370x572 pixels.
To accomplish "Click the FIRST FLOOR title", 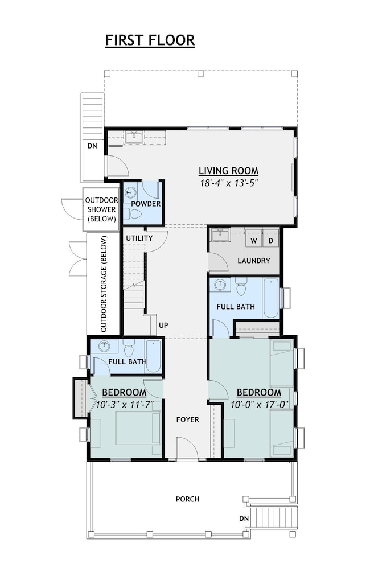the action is click(x=150, y=40).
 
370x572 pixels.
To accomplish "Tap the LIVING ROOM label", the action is click(x=228, y=171).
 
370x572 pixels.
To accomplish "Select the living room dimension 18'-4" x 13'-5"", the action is click(x=229, y=183).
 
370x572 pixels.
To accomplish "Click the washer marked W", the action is click(x=254, y=241).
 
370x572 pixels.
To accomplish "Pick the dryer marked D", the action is click(x=271, y=241).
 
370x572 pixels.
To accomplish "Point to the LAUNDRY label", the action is click(x=254, y=261).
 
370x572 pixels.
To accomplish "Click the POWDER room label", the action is click(x=146, y=204).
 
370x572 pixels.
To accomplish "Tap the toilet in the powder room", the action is click(x=130, y=214).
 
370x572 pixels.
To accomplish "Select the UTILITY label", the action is click(x=139, y=238).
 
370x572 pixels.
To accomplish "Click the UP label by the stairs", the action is click(x=163, y=325).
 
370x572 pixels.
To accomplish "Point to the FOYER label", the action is click(x=187, y=419).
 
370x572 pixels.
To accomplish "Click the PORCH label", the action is click(x=187, y=499).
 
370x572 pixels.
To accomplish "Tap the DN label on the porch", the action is click(x=244, y=518).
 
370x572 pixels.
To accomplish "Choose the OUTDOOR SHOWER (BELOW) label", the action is click(x=101, y=209).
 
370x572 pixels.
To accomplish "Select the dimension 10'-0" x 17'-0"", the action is click(x=260, y=405).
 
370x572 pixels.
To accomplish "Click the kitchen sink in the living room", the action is click(x=134, y=138).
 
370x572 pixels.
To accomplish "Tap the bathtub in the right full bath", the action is click(x=271, y=298).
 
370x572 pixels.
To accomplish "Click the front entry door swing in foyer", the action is click(x=188, y=447).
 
